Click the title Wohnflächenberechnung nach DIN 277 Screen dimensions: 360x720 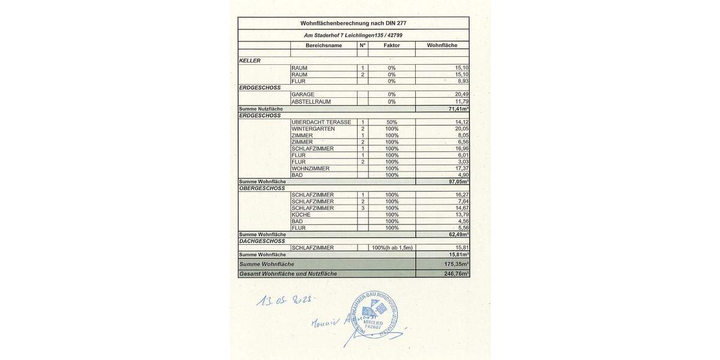353,23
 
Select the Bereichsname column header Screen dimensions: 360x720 323,45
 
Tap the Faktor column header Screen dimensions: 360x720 391,45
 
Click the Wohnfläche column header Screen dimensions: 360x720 442,45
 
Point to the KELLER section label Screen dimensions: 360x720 250,61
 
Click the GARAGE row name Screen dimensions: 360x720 303,94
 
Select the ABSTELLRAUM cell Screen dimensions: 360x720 311,101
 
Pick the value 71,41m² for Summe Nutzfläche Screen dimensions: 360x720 458,109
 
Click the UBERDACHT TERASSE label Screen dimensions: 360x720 321,122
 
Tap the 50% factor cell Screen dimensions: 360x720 391,122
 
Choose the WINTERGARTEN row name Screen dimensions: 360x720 313,128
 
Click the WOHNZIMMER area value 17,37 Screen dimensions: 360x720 461,169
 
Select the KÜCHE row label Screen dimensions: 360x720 301,214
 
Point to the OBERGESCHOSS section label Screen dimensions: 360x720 262,188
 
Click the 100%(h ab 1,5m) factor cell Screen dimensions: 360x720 392,248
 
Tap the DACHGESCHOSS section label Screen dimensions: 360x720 262,241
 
